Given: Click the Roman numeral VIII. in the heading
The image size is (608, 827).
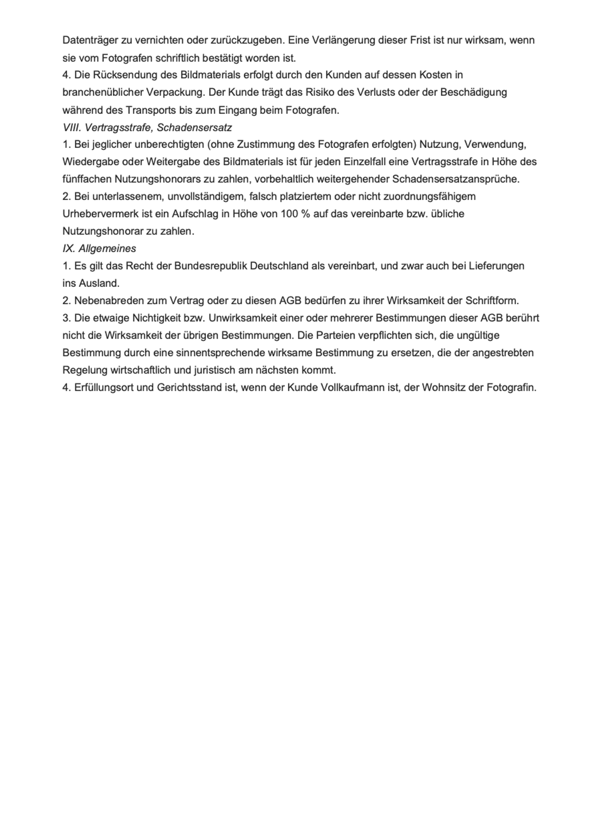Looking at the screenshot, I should (x=72, y=128).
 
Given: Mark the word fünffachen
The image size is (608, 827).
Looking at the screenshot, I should (x=87, y=179).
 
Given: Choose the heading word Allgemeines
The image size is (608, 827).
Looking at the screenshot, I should (x=107, y=249).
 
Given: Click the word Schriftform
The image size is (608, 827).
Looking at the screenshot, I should (x=491, y=301).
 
